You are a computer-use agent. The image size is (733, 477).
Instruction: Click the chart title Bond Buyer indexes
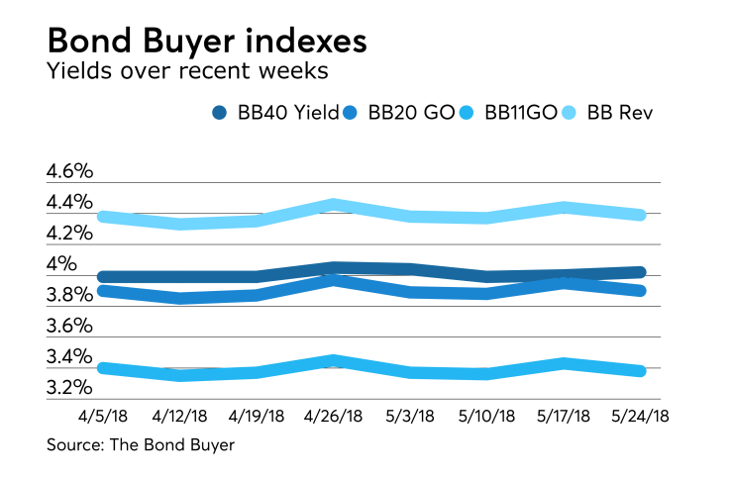[x=207, y=42]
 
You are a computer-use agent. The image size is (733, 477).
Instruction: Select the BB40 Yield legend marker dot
[x=220, y=113]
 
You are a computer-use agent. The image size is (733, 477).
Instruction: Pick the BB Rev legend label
[x=621, y=113]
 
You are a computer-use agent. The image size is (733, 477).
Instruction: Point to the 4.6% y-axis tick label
[x=69, y=171]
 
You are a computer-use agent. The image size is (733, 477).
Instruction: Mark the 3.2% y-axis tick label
[x=69, y=388]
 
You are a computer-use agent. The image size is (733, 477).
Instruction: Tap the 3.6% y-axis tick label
[x=69, y=326]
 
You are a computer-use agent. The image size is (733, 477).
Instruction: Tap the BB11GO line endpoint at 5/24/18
[x=641, y=371]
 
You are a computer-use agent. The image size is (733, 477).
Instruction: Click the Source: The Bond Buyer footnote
[x=141, y=445]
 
